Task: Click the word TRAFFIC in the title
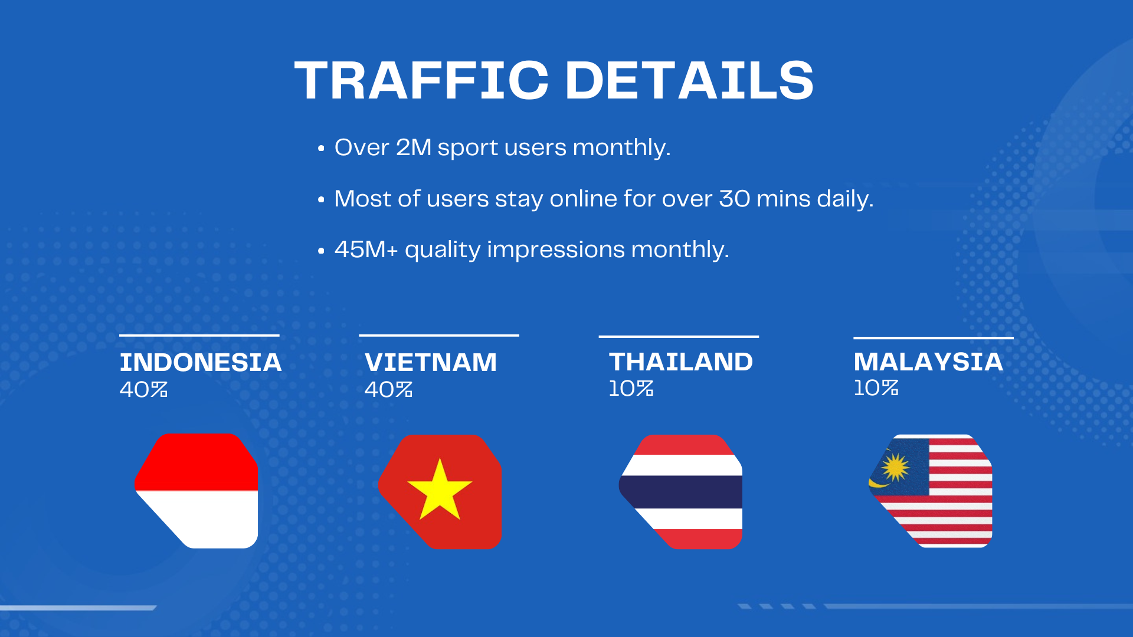(422, 80)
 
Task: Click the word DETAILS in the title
(689, 80)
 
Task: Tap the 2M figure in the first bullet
(414, 147)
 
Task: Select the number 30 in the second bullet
(735, 199)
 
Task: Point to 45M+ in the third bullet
(366, 249)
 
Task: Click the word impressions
(556, 250)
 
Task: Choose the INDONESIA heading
(201, 362)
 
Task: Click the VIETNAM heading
(431, 362)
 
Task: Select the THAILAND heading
(681, 362)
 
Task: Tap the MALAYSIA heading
(928, 362)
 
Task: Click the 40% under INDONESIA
(143, 389)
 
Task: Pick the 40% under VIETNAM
(388, 389)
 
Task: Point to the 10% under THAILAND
(631, 388)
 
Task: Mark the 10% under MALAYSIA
(876, 388)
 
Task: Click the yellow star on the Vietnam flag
(440, 490)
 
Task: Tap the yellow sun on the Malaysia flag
(896, 468)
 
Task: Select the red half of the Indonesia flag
(197, 462)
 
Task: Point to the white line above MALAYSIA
(934, 338)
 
